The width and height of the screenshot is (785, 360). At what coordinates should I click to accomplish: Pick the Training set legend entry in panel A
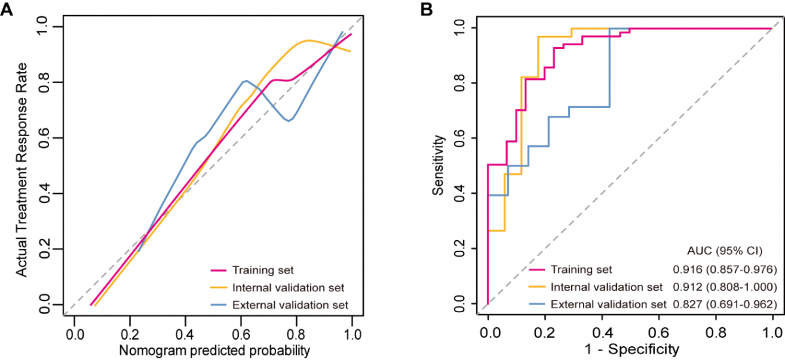(x=260, y=270)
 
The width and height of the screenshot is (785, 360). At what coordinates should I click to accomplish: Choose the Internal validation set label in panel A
(x=288, y=287)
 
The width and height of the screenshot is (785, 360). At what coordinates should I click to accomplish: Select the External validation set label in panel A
(x=290, y=304)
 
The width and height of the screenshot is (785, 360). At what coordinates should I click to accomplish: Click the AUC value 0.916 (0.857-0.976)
(x=724, y=270)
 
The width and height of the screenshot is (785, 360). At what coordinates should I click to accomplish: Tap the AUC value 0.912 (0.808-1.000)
(x=724, y=287)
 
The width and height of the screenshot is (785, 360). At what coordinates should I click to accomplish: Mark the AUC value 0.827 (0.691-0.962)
(x=724, y=304)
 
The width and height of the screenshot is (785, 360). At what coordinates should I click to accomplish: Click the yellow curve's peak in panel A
(x=308, y=41)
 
